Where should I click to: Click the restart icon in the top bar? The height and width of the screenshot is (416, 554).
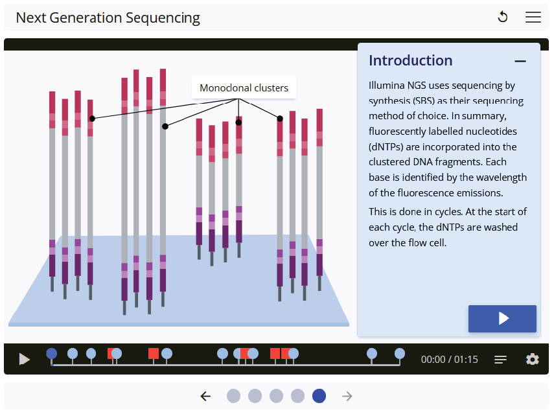click(x=502, y=17)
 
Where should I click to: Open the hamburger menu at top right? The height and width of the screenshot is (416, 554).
click(x=533, y=17)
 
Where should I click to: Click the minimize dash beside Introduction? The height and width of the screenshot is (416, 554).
click(x=520, y=62)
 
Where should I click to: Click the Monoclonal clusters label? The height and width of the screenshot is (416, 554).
click(x=244, y=88)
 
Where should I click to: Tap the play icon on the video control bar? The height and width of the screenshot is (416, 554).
click(x=24, y=359)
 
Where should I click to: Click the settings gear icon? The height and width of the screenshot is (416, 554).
click(x=533, y=359)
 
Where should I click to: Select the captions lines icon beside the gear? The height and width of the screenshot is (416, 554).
click(x=501, y=359)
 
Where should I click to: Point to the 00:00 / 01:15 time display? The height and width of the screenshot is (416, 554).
click(x=449, y=360)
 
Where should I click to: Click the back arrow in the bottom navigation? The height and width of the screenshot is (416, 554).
click(x=205, y=396)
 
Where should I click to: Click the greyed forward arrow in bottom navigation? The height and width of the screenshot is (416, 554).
click(x=347, y=396)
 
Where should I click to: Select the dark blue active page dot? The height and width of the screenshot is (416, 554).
click(x=319, y=396)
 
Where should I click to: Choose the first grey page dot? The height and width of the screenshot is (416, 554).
click(x=233, y=396)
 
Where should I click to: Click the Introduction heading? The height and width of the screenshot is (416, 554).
click(x=410, y=61)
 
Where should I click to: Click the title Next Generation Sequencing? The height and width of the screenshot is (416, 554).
click(x=108, y=17)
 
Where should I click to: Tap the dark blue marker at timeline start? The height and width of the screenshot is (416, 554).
click(x=52, y=353)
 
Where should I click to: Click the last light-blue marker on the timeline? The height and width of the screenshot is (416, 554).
click(x=400, y=353)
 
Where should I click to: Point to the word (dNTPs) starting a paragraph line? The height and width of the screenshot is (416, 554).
click(x=387, y=146)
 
